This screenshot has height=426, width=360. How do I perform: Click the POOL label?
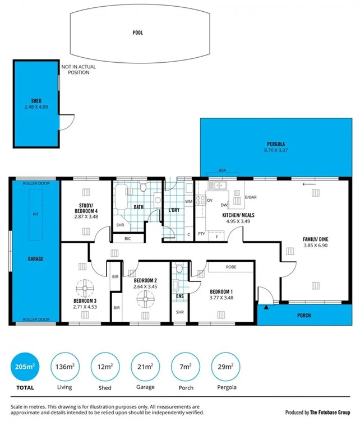[x=138, y=33]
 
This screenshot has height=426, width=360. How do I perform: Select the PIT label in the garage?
[x=36, y=214]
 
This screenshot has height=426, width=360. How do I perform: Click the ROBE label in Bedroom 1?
[x=230, y=267]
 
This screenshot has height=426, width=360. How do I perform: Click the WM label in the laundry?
[x=188, y=200]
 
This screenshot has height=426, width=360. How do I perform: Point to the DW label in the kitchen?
[x=224, y=205]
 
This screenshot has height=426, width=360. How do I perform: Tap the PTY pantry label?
[x=201, y=233]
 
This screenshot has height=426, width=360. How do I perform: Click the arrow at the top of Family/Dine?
[x=308, y=183]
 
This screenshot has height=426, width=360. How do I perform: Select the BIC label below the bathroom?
[x=127, y=239]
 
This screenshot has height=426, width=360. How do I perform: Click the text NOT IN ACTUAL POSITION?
[x=79, y=70]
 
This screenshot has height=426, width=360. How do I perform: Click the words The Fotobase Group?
[x=330, y=412]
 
